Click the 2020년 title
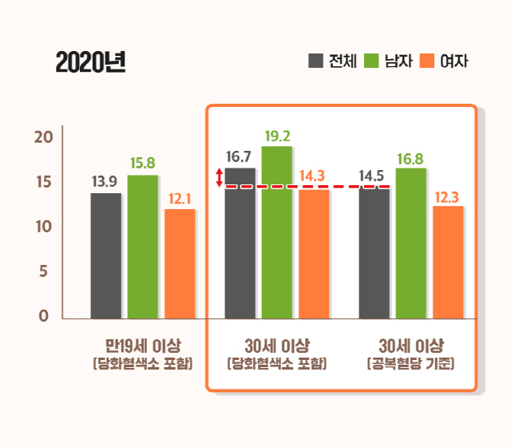click(x=90, y=62)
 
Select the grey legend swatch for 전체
click(x=315, y=61)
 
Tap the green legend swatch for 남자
click(x=370, y=61)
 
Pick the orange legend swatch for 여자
click(x=426, y=61)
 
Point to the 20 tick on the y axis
click(x=42, y=136)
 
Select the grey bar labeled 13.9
click(x=105, y=255)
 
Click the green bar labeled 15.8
click(x=142, y=247)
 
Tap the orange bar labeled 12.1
click(x=180, y=263)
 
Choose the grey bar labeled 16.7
click(x=240, y=243)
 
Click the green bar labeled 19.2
click(x=276, y=232)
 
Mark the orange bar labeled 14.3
click(x=314, y=254)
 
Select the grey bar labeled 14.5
click(x=374, y=253)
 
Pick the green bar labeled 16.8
click(x=410, y=243)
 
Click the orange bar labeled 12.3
click(x=448, y=263)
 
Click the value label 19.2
click(x=276, y=136)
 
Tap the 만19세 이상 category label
click(x=143, y=346)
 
